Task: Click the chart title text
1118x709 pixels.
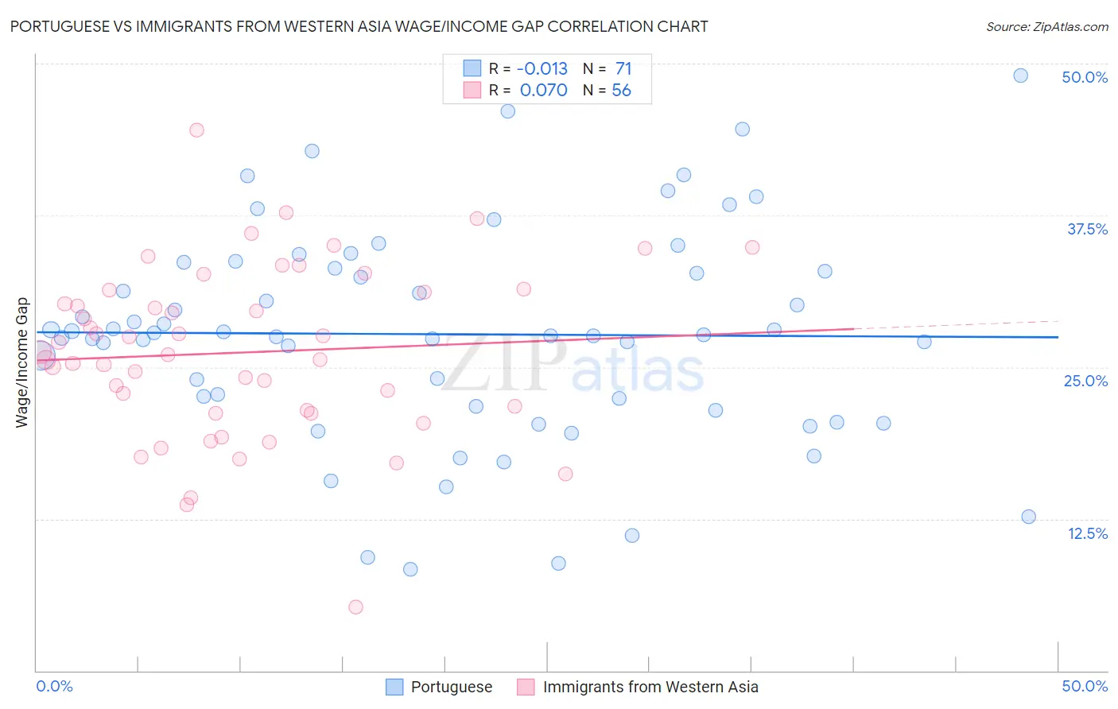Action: point(359,26)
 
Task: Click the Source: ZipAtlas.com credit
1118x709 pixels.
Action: point(1046,26)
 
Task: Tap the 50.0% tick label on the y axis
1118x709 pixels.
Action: point(1085,77)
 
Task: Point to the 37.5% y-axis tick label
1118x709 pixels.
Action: point(1087,229)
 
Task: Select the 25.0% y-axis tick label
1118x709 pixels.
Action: point(1085,381)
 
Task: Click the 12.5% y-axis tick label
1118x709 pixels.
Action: point(1087,533)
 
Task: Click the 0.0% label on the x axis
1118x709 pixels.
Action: point(54,686)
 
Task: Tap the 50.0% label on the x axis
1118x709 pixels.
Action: point(1085,686)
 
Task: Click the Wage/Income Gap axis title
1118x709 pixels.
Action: point(22,362)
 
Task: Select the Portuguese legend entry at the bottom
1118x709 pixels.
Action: point(451,687)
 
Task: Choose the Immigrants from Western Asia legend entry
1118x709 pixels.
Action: point(650,687)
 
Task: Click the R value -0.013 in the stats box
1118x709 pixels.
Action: point(542,68)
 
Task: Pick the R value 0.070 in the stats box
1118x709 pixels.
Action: point(543,90)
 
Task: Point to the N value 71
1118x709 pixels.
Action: point(623,68)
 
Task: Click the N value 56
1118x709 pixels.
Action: point(621,90)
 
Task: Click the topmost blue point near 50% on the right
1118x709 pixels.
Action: point(1020,76)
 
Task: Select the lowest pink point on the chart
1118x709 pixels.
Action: point(355,607)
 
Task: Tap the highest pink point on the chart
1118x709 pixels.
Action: point(196,130)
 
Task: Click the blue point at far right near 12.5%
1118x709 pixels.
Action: point(1028,517)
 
